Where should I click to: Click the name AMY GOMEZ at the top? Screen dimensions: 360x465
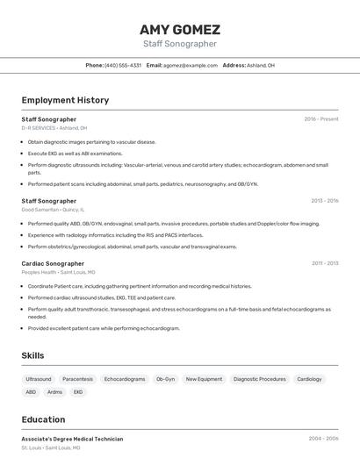click(180, 29)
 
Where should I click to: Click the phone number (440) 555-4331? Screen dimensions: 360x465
click(123, 65)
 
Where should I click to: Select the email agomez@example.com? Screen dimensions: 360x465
click(191, 65)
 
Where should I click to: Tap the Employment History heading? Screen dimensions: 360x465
click(65, 100)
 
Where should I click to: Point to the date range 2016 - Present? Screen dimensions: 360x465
click(321, 118)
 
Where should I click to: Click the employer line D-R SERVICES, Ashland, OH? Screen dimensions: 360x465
click(54, 127)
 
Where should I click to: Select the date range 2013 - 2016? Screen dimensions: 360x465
click(324, 201)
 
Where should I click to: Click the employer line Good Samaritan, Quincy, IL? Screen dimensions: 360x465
click(53, 210)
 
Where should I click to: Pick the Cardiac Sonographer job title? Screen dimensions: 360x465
click(53, 263)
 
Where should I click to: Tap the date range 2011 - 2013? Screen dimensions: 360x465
click(324, 263)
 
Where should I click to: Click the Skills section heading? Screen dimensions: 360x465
click(33, 354)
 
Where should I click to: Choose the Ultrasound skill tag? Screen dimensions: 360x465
click(39, 379)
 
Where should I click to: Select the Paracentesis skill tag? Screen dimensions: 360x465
click(78, 379)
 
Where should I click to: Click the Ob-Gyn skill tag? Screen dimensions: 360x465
click(165, 379)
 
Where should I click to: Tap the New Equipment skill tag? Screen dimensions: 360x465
click(204, 379)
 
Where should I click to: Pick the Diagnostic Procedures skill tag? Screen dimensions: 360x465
click(259, 379)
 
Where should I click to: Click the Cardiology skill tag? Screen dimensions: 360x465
click(309, 379)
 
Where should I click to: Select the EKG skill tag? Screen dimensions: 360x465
click(78, 392)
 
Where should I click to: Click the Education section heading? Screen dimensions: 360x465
click(43, 419)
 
